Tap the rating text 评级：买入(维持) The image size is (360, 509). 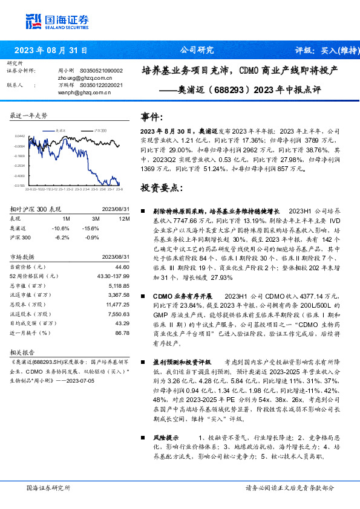(326, 50)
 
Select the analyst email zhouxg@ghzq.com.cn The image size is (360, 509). (85, 78)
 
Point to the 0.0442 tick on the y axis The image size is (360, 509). (19, 137)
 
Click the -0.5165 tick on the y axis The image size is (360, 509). (19, 186)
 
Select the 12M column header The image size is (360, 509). (125, 218)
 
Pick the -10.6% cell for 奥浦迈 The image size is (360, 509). (62, 228)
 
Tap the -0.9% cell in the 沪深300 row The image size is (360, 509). (92, 238)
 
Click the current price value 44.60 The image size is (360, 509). (122, 267)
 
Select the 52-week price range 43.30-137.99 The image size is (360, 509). (113, 276)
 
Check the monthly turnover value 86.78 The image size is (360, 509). (122, 332)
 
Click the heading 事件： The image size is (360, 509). (152, 117)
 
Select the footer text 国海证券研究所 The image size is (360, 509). (49, 487)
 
